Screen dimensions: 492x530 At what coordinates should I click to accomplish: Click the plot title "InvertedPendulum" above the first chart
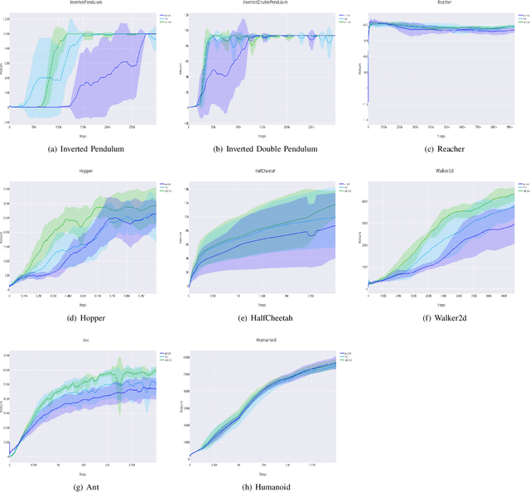[x=80, y=3]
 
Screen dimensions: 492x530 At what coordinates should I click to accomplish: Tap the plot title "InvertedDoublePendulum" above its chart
[x=260, y=3]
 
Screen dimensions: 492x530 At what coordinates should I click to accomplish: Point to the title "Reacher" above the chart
[x=441, y=3]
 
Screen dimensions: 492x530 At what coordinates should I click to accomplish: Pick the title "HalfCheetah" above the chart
[x=260, y=171]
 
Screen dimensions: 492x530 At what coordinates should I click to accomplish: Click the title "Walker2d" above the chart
[x=441, y=171]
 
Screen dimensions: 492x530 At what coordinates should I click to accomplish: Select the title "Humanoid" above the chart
[x=260, y=341]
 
